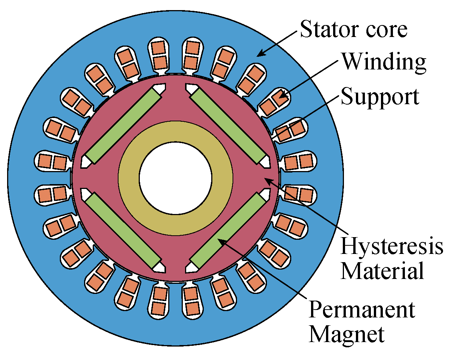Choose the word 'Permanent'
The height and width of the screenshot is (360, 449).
(362, 310)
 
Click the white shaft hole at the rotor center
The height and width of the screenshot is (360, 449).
(175, 178)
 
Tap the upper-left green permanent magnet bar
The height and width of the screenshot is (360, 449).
(124, 125)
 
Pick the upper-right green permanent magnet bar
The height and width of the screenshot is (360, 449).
(228, 125)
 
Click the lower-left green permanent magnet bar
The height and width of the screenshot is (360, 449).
(124, 232)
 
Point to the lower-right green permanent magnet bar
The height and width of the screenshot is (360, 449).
(228, 232)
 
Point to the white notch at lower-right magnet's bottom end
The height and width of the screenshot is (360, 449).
(191, 267)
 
